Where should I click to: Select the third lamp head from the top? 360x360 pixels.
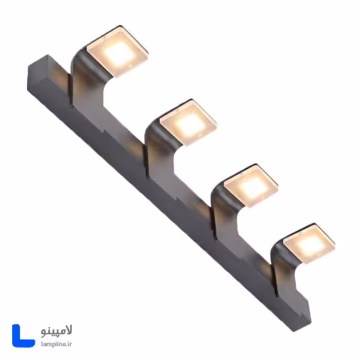(x=250, y=185)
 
